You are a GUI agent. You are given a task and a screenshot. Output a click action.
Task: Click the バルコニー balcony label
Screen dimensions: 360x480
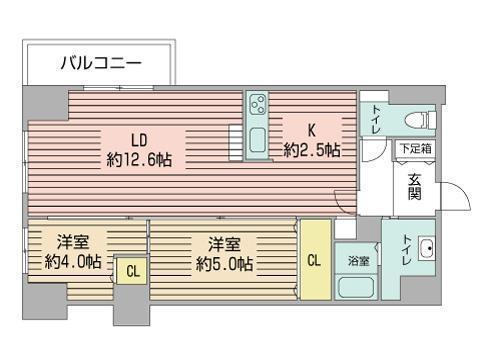pos(100,64)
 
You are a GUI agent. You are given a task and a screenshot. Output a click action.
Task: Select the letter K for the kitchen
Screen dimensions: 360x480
pos(311,130)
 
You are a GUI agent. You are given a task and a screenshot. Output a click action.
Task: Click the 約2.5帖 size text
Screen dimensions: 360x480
pos(311,150)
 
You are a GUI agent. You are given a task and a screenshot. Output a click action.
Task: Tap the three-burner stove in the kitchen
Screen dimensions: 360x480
pos(258,105)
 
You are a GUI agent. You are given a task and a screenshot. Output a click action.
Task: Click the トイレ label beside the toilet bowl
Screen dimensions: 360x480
pos(376,119)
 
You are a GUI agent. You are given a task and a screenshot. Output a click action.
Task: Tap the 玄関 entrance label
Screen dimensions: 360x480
pos(414,187)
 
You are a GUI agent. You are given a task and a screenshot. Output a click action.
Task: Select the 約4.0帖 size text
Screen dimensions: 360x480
pos(73,263)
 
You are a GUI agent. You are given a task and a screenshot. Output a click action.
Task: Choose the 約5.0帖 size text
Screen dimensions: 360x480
pos(224,263)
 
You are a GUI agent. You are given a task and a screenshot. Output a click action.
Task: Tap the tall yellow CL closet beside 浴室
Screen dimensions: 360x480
pos(315,260)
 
